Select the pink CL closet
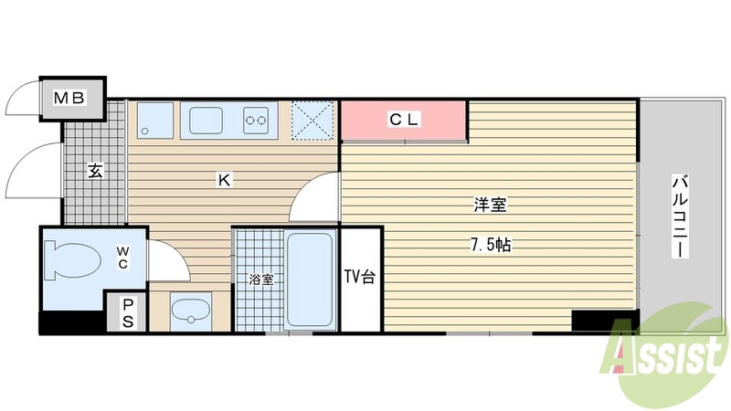point(403,120)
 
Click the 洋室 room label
point(490,205)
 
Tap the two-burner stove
point(256,119)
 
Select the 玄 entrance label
point(94,170)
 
